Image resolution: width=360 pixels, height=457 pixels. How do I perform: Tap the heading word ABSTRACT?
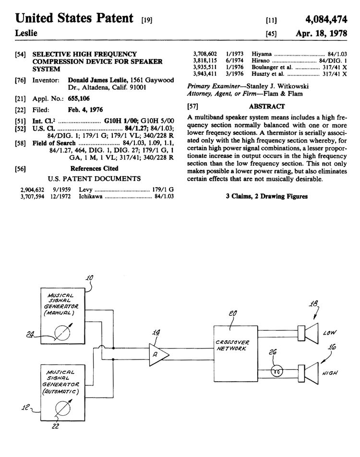click(267, 107)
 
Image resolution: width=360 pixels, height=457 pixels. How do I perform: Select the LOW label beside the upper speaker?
click(331, 331)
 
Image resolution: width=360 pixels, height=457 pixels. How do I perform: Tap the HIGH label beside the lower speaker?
click(331, 373)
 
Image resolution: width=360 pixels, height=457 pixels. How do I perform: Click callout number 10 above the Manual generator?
click(90, 277)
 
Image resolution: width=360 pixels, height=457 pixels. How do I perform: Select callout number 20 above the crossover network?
click(233, 313)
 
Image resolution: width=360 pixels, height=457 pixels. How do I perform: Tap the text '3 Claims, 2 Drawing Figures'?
click(266, 196)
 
